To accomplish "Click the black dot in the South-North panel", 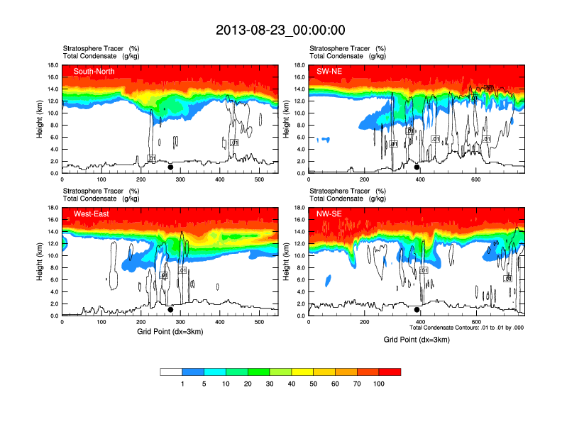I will [170, 167].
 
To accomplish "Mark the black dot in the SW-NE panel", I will [417, 167].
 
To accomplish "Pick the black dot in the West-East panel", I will [170, 310].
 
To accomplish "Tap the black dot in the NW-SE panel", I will [417, 310].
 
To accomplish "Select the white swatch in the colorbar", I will [171, 372].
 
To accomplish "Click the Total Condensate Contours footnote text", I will [467, 328].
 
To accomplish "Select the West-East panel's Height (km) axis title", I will [41, 262].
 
